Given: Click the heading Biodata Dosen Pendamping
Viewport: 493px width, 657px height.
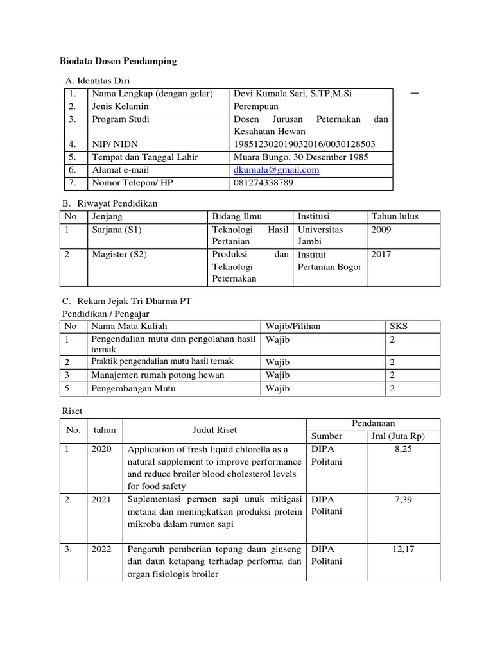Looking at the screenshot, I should tap(117, 62).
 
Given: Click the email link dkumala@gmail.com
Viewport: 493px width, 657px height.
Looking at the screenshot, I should tap(276, 170).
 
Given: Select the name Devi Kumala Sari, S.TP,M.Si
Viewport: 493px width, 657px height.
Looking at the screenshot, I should tap(292, 94).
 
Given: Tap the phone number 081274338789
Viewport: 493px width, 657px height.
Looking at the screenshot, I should tap(263, 183).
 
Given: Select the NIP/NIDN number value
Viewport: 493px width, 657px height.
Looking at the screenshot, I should tap(304, 144).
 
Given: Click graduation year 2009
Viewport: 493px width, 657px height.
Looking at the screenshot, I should tap(381, 230).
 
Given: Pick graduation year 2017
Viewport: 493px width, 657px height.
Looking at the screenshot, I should tap(381, 254).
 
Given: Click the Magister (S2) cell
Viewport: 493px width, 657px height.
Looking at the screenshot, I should tap(119, 254).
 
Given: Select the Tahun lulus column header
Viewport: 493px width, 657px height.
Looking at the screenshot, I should tap(395, 216).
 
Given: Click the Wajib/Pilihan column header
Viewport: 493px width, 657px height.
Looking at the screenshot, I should tap(293, 327).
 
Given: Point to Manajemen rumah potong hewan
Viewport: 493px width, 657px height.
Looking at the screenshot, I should tap(158, 375).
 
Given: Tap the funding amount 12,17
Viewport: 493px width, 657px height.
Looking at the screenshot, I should tap(402, 550).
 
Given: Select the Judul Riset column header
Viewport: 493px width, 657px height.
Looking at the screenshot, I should tap(214, 431).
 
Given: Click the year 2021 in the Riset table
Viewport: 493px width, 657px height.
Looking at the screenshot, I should tap(101, 499).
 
